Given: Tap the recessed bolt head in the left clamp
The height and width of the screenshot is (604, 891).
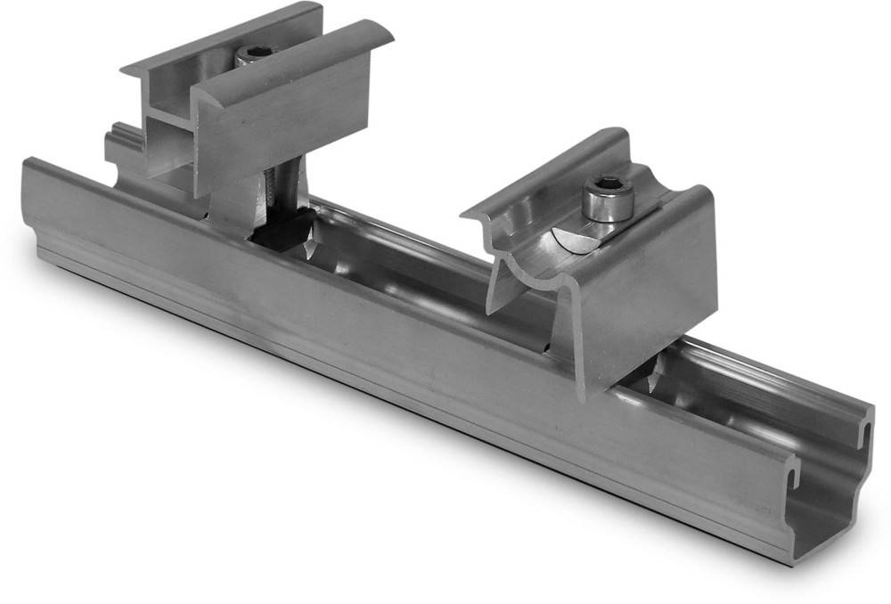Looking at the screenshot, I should point(257,53).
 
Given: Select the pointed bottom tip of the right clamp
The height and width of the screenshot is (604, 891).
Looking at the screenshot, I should point(584,392).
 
